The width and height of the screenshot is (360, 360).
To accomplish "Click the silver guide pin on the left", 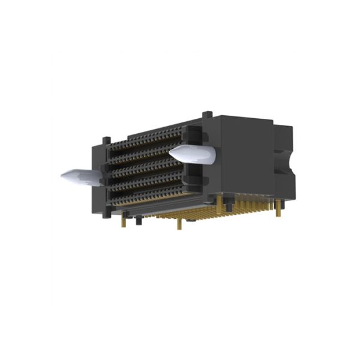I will (81, 176).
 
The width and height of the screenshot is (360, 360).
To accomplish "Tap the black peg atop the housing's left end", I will (106, 142).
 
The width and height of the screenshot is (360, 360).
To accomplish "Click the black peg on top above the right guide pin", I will (206, 114).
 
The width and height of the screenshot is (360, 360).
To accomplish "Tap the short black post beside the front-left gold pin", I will (138, 222).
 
